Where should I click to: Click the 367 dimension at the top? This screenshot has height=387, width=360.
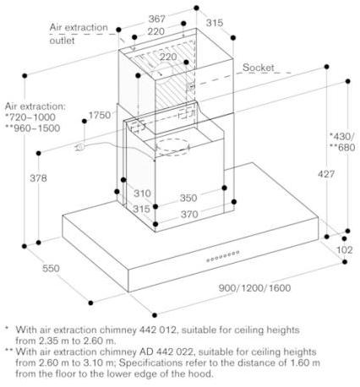pos(157,19)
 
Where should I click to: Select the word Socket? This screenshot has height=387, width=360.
pos(259,68)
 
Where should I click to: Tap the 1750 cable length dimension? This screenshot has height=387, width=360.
pos(100,115)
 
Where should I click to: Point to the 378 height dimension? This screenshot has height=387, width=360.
pos(39,178)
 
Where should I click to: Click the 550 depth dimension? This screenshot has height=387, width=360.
pos(51,268)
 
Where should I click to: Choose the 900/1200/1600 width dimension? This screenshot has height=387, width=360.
pos(254,288)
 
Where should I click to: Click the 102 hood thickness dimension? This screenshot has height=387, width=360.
pos(345,250)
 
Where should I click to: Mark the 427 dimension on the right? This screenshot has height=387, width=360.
pos(326,174)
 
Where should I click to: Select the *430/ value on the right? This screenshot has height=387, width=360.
pos(341,136)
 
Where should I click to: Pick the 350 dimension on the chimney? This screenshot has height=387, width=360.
pos(188,198)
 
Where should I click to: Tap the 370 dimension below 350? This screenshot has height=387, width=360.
pos(189,215)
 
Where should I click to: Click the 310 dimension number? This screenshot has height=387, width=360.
pos(142,193)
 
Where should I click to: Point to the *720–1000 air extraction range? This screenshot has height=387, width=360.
pos(30,117)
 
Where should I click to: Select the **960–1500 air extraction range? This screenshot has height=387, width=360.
pos(33,128)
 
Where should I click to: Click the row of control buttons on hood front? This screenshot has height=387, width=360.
pos(223,256)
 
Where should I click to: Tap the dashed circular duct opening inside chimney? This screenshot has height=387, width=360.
pos(172,147)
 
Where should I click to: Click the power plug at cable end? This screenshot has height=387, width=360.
pos(79,147)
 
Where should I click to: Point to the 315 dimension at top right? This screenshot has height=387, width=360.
pos(215,23)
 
